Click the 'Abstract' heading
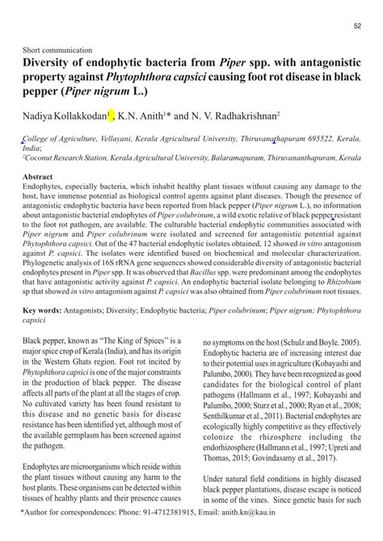coord(38,175)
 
